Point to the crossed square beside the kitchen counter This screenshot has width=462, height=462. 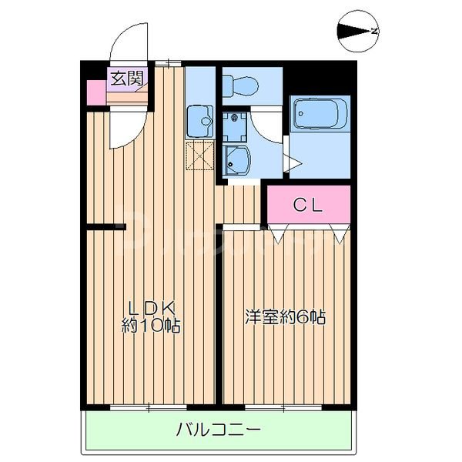pos(199,156)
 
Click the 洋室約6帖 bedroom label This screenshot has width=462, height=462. pos(285,316)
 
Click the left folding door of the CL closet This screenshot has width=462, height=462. pos(279,229)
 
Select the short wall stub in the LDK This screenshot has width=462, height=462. pos(105,226)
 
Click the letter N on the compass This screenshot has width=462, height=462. pos(374,32)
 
